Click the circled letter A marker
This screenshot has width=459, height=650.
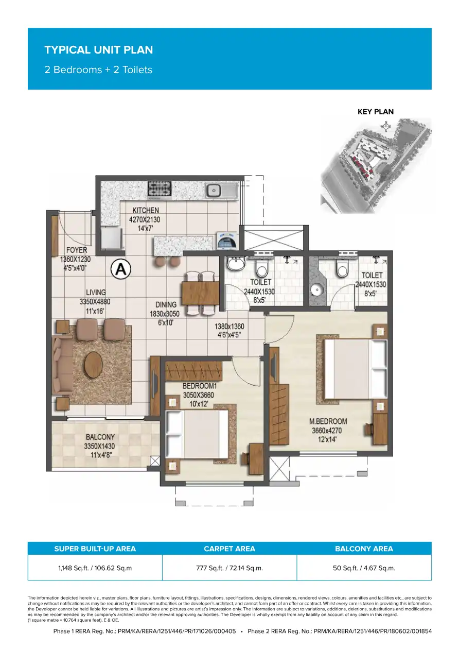[121, 269]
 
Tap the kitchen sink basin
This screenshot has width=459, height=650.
[214, 191]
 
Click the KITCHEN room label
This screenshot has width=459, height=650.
[146, 210]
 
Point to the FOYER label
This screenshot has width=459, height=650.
[77, 250]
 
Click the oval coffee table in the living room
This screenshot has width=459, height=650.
[93, 365]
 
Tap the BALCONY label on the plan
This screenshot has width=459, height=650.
[100, 437]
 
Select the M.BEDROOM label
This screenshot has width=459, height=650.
[328, 421]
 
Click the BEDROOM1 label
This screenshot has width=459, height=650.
[200, 386]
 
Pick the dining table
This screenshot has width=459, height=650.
[200, 293]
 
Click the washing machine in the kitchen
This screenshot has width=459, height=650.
[226, 241]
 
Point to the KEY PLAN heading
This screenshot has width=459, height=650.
[376, 112]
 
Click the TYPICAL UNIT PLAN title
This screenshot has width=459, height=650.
[99, 50]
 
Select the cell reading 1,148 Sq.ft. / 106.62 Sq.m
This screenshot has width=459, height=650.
[95, 568]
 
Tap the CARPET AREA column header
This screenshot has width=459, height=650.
[229, 549]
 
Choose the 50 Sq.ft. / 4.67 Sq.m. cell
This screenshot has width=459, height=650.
[364, 568]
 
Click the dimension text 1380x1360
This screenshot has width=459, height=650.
[229, 327]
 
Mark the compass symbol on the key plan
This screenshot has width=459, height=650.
[385, 127]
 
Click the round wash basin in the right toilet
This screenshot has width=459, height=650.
[316, 289]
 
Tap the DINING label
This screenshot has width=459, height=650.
[166, 305]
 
